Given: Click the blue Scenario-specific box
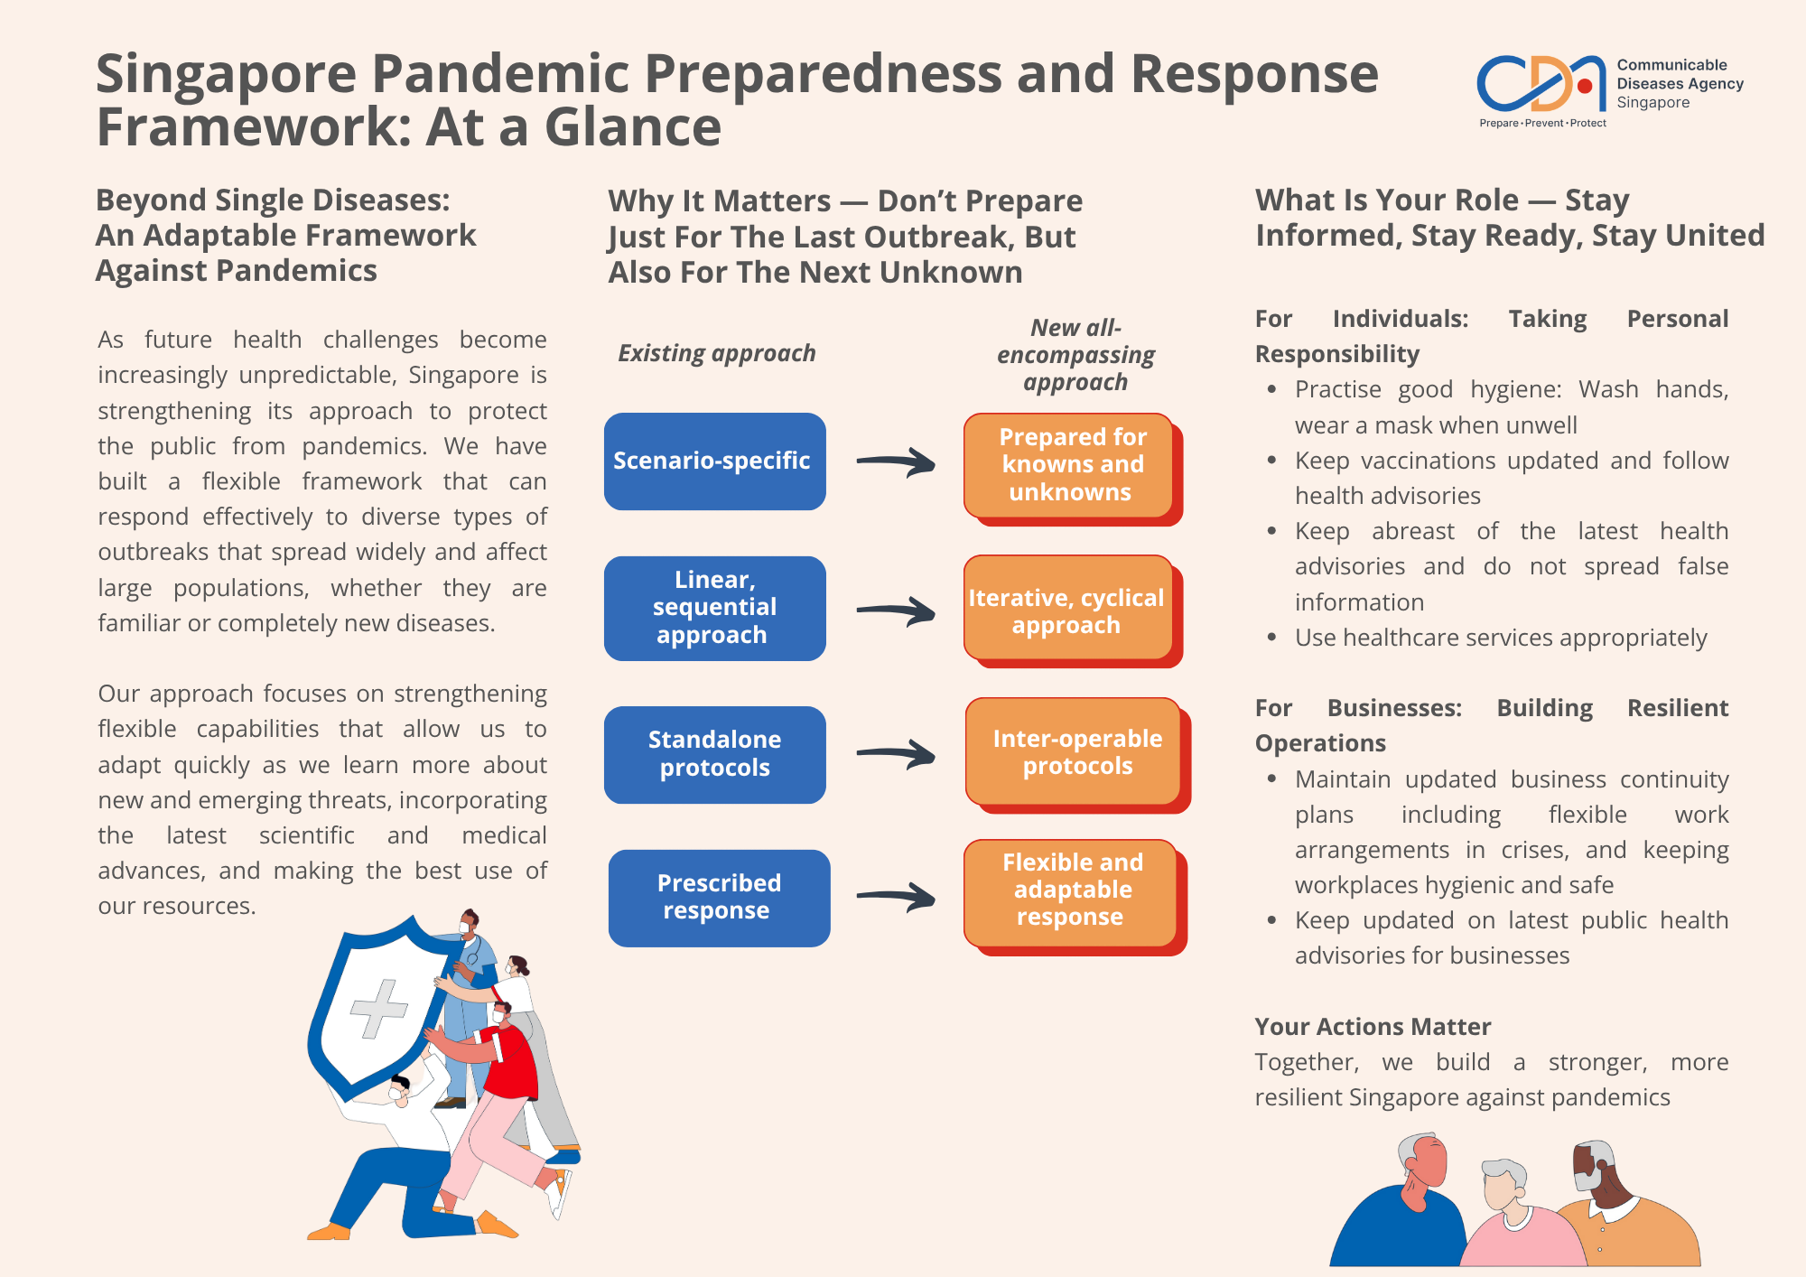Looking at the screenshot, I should pyautogui.click(x=714, y=461).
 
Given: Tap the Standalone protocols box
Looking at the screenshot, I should pyautogui.click(x=714, y=754).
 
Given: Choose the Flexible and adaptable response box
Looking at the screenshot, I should pyautogui.click(x=1071, y=891).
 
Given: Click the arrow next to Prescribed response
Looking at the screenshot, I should pyautogui.click(x=896, y=897).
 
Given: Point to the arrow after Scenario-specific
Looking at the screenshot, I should pyautogui.click(x=896, y=463).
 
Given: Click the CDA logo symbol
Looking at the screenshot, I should pyautogui.click(x=1541, y=84).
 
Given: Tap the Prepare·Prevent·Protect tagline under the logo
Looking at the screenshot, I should pyautogui.click(x=1542, y=124).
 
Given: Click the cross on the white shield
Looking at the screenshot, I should pyautogui.click(x=379, y=1008).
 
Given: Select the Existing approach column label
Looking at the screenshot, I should pyautogui.click(x=716, y=353).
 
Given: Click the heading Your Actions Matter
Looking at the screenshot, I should pyautogui.click(x=1373, y=1027).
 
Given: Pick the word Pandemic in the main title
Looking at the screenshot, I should pyautogui.click(x=499, y=73).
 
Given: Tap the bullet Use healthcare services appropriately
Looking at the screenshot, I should pyautogui.click(x=1500, y=638).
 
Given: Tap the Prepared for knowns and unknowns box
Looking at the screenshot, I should pyautogui.click(x=1071, y=465).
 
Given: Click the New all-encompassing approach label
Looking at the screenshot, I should pyautogui.click(x=1075, y=355).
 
